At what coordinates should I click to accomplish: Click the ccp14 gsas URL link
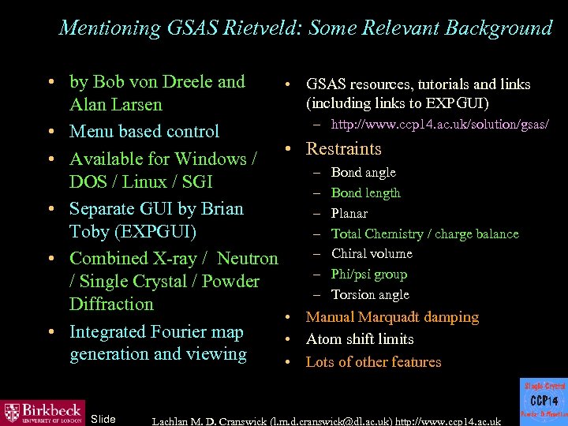pos(439,125)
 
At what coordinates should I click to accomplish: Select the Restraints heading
pos(343,149)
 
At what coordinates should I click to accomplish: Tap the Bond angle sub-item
pos(363,172)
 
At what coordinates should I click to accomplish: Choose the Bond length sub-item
pos(365,192)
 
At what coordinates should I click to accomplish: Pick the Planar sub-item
pos(349,213)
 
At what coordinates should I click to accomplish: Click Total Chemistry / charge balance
pos(424,234)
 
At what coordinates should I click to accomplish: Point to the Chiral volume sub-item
pos(372,253)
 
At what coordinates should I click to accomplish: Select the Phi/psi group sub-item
pos(369,274)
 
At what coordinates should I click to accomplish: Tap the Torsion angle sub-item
pos(370,294)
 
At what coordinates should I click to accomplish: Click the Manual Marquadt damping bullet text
pos(392,317)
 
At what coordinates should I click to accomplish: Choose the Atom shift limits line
pos(360,339)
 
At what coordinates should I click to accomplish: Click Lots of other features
pos(373,362)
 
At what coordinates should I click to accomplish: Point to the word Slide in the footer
pos(103,418)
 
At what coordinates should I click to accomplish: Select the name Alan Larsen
pos(116,105)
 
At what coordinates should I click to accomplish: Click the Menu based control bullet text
pos(144,132)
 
